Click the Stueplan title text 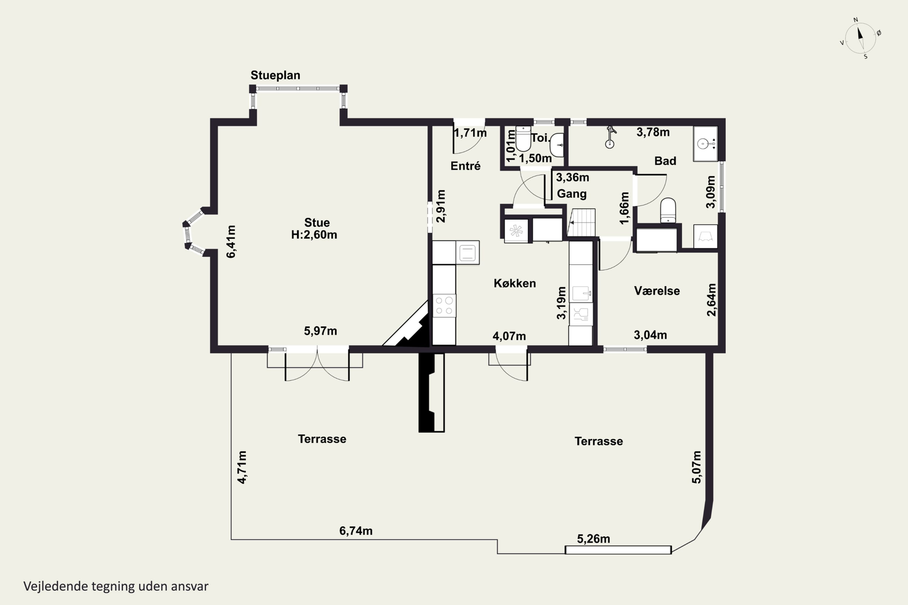pyautogui.click(x=275, y=75)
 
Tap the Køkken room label pyautogui.click(x=515, y=283)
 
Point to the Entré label pyautogui.click(x=466, y=165)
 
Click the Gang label pyautogui.click(x=571, y=194)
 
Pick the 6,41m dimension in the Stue pyautogui.click(x=231, y=241)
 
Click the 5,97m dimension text pyautogui.click(x=321, y=331)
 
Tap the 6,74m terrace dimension pyautogui.click(x=356, y=531)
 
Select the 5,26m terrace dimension pyautogui.click(x=593, y=539)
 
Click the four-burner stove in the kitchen pyautogui.click(x=444, y=306)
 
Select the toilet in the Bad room pyautogui.click(x=668, y=210)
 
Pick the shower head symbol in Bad pyautogui.click(x=610, y=137)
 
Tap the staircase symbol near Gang pyautogui.click(x=581, y=223)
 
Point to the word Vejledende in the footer pyautogui.click(x=56, y=587)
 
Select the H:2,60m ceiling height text pyautogui.click(x=314, y=235)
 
